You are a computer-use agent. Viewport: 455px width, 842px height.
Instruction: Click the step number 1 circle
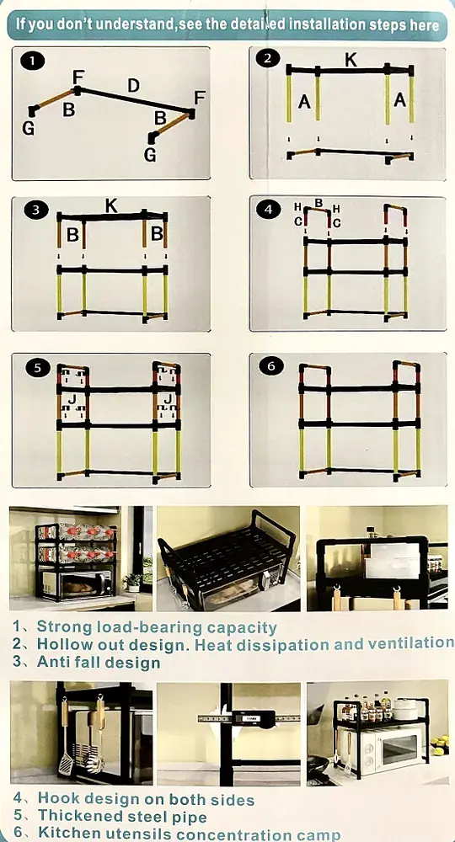[34, 61]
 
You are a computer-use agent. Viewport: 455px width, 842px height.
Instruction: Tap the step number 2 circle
[267, 59]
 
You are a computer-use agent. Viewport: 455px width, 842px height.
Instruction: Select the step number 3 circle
[35, 210]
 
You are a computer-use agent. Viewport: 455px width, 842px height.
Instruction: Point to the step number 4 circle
[269, 210]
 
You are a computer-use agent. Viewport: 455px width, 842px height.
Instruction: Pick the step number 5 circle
[38, 368]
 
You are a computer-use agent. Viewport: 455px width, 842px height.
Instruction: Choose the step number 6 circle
[270, 366]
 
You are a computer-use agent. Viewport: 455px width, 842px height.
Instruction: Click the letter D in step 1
[133, 85]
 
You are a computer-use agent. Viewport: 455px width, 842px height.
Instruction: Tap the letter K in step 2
[351, 60]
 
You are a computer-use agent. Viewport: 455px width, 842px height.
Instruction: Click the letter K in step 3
[111, 205]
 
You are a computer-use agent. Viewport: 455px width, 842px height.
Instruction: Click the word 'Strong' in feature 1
[64, 626]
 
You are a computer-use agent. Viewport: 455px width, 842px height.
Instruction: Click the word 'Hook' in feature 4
[58, 799]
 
